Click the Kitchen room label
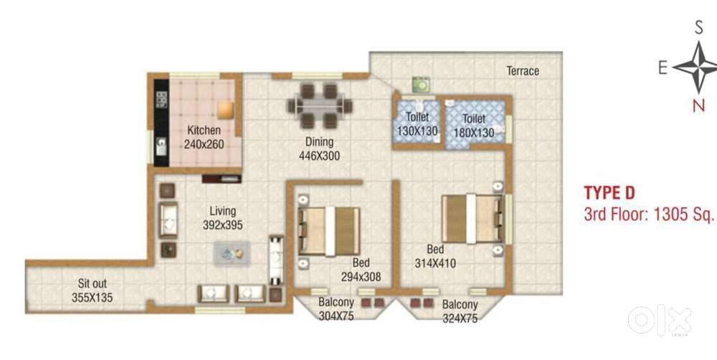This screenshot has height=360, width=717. pos(204,131)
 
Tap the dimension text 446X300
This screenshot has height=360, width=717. pos(319,156)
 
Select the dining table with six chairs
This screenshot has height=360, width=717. pos(320,105)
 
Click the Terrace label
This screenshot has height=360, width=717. pos(523,71)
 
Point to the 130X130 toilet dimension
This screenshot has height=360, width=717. pos(417,131)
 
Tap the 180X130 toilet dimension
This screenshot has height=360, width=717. pos(474,133)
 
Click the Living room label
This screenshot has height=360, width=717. pos(223,212)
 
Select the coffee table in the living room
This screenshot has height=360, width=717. pos(232,254)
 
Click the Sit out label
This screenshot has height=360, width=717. pos(92,284)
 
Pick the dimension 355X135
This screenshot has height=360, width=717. pos(92,298)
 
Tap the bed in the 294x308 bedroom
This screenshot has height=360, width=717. pos(329,231)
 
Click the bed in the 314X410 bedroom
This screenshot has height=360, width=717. pos(473,218)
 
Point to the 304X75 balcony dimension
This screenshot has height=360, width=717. pos(336,316)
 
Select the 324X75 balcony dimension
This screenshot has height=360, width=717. pos(460,318)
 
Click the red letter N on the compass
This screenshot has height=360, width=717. pos(698,105)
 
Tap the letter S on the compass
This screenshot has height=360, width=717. pos(698,29)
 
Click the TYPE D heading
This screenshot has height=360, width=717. pos(609,193)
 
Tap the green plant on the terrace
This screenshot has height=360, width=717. pos(421,85)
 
